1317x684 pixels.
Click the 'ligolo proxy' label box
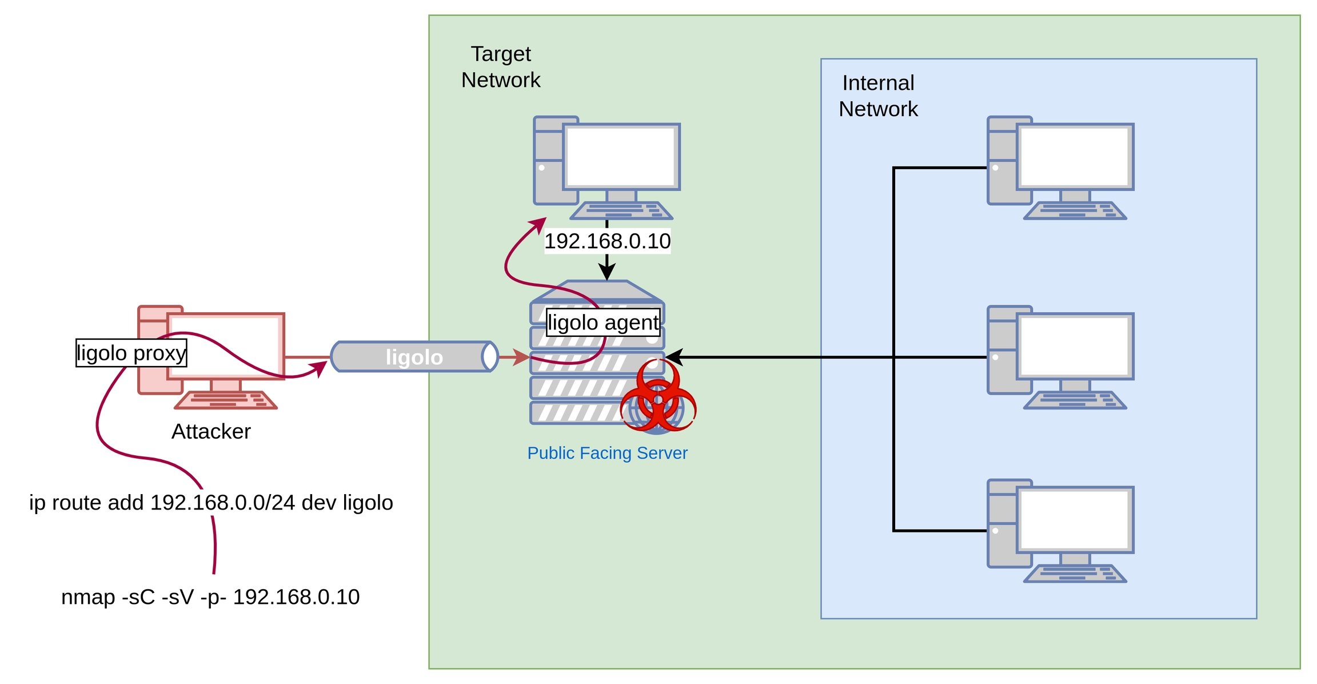click(131, 353)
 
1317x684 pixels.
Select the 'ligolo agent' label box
click(603, 323)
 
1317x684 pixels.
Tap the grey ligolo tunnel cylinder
click(414, 357)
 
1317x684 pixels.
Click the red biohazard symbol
click(658, 396)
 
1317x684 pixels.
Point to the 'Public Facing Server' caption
click(607, 453)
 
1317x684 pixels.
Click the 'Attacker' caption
click(211, 431)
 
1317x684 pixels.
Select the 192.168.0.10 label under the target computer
click(607, 241)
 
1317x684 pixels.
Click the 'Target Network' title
click(501, 67)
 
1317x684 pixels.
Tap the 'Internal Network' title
click(878, 96)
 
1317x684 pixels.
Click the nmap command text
click(210, 597)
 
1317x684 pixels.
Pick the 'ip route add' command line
click(211, 503)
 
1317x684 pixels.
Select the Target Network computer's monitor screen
click(621, 156)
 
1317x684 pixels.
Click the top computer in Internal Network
click(1060, 168)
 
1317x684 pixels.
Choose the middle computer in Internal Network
click(1060, 357)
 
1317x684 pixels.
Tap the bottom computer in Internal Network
click(1060, 531)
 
